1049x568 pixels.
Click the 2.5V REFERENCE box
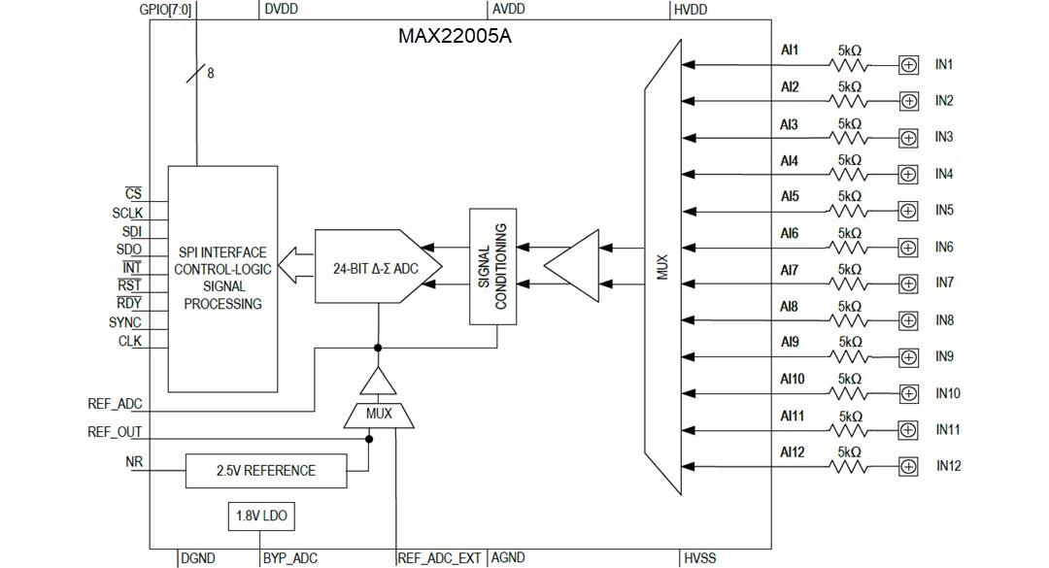click(265, 471)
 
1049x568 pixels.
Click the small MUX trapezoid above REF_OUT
click(379, 414)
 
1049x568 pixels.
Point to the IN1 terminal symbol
click(908, 65)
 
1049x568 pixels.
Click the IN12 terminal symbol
click(908, 466)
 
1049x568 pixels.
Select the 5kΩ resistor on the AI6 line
click(849, 248)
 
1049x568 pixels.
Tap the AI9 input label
click(790, 342)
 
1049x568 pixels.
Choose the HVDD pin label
click(691, 9)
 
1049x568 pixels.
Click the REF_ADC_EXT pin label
click(439, 558)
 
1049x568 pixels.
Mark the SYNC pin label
click(124, 322)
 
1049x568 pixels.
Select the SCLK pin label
click(126, 213)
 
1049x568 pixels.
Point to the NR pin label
click(134, 461)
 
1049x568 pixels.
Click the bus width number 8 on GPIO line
click(211, 71)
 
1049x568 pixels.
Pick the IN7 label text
click(944, 283)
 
